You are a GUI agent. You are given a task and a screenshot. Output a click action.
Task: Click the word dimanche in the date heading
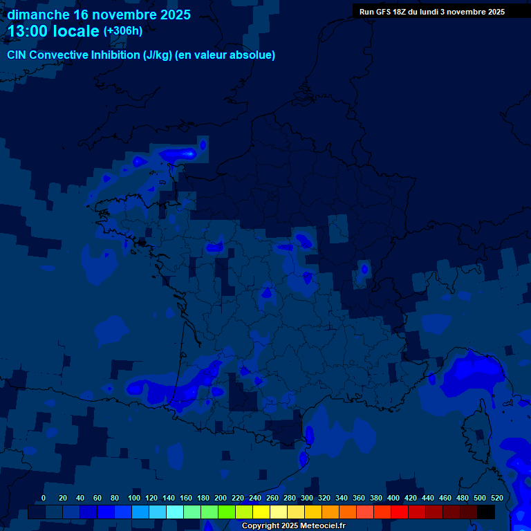click(38, 15)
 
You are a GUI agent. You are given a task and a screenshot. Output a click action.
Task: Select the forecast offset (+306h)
click(123, 31)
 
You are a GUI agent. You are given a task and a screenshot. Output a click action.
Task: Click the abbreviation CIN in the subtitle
click(17, 55)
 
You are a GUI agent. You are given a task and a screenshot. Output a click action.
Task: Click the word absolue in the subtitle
click(254, 55)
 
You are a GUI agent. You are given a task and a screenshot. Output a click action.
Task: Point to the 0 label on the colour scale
click(44, 498)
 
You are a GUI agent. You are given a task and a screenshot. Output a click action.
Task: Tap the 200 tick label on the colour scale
click(221, 498)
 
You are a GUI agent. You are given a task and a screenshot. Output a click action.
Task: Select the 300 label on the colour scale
click(307, 498)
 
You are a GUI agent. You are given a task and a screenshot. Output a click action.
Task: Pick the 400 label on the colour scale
click(393, 498)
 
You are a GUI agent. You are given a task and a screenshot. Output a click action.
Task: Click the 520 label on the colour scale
click(496, 498)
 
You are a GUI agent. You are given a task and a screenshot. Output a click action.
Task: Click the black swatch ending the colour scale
click(486, 512)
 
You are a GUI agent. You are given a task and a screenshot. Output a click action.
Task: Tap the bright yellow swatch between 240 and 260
click(261, 512)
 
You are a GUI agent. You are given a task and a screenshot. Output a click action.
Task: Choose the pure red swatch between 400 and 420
click(400, 512)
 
